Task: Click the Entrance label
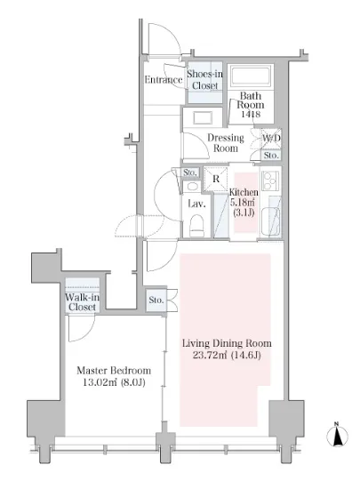tap(163, 79)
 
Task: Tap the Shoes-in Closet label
tap(204, 79)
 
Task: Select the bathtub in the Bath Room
tap(251, 76)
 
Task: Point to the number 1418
tap(251, 114)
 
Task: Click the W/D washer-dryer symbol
tap(271, 138)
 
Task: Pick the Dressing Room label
tap(226, 142)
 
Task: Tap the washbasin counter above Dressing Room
tap(203, 118)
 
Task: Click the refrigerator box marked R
tap(216, 179)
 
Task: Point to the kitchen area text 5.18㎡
tap(242, 202)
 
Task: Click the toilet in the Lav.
tap(196, 224)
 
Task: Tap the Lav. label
tap(196, 204)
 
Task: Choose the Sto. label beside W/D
tap(271, 155)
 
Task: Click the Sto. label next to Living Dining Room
tap(156, 300)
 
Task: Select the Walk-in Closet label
tap(83, 302)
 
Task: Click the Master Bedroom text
tap(114, 371)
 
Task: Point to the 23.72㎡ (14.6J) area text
tap(227, 355)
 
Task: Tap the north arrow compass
tap(337, 435)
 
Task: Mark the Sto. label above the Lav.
tap(189, 172)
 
